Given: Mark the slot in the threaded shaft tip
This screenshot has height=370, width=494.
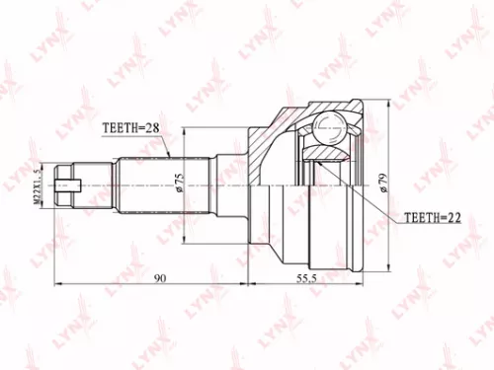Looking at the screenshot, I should tap(67, 184).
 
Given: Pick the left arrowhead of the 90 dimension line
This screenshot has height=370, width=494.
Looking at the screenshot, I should tap(55, 286).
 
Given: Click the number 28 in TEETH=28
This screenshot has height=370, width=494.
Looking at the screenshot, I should tap(154, 126).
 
